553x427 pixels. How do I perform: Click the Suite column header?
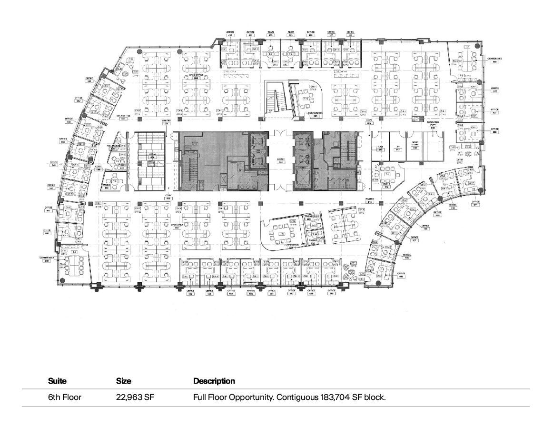[x=57, y=381]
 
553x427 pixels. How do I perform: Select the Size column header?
[x=124, y=381]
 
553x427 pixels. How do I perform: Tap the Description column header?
[x=214, y=381]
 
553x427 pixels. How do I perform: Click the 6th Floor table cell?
[x=65, y=397]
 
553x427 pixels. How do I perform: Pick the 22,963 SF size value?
[x=135, y=397]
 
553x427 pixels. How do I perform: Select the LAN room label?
[x=381, y=149]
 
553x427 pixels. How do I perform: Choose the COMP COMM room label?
[x=415, y=145]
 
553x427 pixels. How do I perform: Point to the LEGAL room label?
[x=152, y=157]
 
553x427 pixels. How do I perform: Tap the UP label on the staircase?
[x=271, y=110]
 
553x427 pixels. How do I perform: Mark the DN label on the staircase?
[x=282, y=109]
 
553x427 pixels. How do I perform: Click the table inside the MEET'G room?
[x=387, y=174]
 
